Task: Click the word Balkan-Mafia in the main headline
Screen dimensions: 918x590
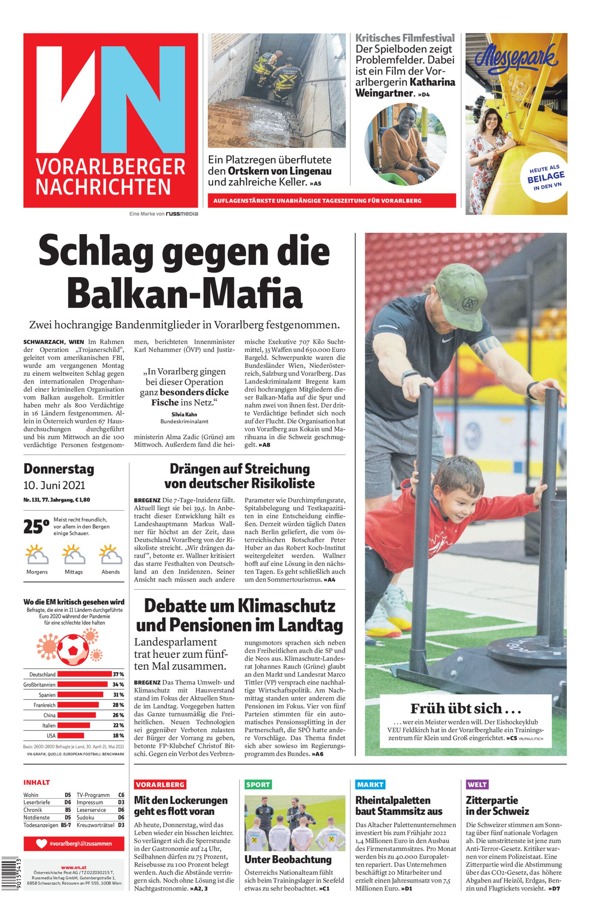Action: [x=185, y=294]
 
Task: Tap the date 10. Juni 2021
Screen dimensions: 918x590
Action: [x=54, y=485]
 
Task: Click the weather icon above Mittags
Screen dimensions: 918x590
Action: [x=74, y=555]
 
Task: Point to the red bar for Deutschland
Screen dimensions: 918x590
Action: [x=84, y=674]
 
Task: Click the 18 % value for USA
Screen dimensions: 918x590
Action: [x=118, y=736]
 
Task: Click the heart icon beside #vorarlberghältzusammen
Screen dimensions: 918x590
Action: [x=42, y=843]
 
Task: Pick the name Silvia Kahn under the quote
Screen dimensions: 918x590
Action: [x=184, y=414]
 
